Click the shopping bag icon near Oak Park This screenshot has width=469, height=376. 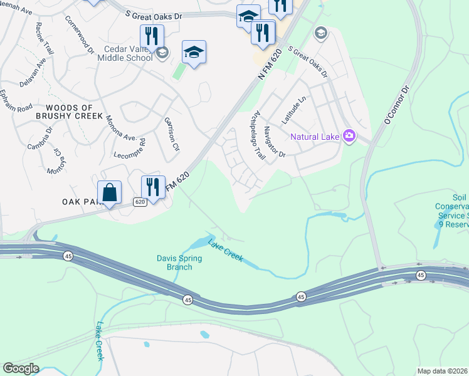(x=110, y=193)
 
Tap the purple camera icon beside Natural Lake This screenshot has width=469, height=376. (x=349, y=136)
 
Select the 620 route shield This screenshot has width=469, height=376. (x=140, y=202)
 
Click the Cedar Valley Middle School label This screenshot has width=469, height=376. (x=125, y=53)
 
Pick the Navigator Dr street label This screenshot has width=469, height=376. (x=275, y=141)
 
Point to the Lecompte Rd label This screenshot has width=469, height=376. (x=130, y=148)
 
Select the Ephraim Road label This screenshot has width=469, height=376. (x=16, y=100)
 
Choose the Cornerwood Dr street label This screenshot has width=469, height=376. (x=78, y=34)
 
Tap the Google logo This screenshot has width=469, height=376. (x=21, y=368)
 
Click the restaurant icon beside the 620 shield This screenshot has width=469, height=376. (x=152, y=186)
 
